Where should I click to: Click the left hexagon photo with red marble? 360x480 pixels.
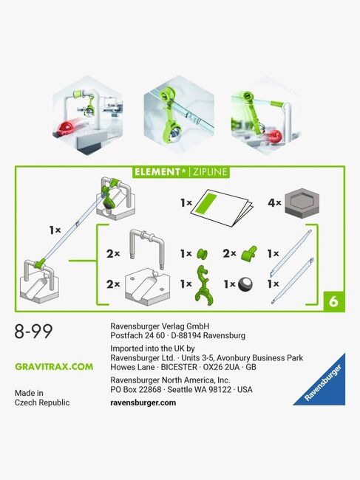coord(88,114)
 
